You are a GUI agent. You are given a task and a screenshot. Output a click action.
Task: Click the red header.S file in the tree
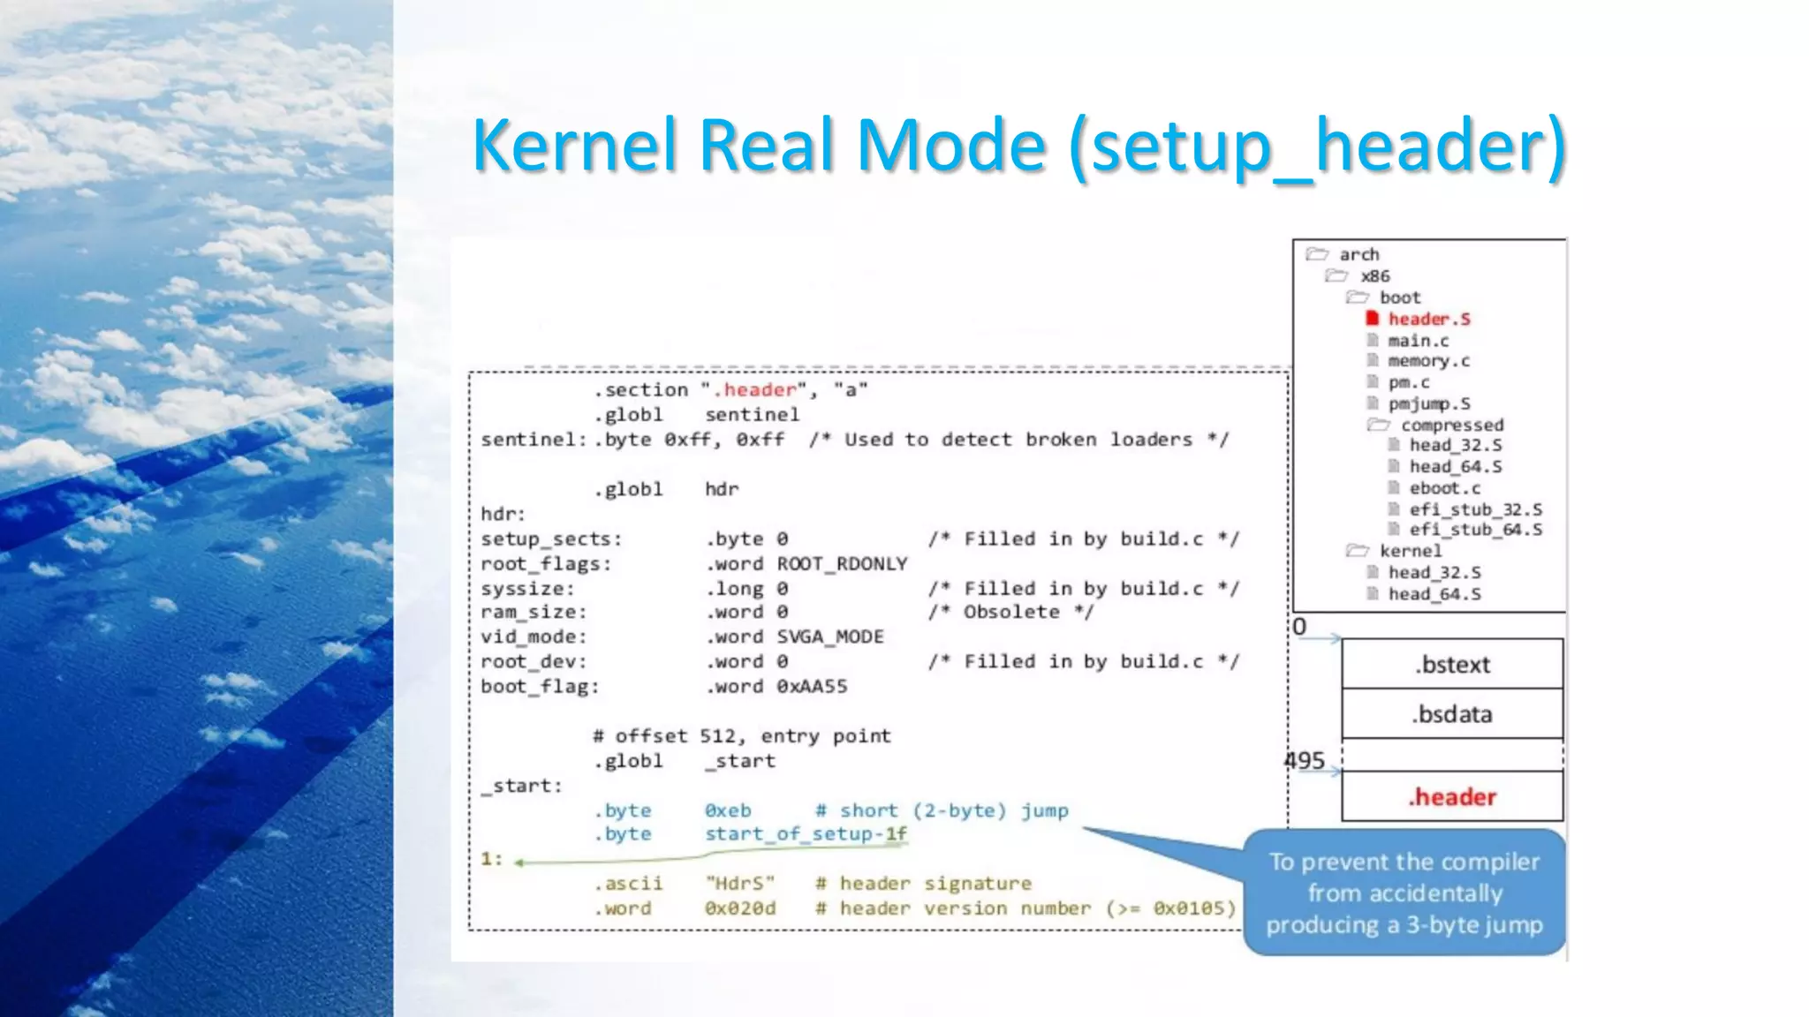1428,319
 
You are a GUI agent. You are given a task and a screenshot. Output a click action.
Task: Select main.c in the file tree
1418,341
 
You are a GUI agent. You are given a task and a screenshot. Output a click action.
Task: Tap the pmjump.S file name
1428,403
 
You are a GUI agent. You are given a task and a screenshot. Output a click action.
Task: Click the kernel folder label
1410,551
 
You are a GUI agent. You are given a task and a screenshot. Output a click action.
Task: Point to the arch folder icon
1317,254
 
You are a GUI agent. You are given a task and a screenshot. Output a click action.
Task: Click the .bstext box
1452,664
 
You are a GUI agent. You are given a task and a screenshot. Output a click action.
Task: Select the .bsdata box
1452,713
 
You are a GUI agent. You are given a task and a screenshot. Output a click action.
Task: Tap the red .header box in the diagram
1452,796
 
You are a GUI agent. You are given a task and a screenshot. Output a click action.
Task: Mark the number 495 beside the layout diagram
1305,760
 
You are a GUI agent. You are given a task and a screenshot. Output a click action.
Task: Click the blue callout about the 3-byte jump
1404,893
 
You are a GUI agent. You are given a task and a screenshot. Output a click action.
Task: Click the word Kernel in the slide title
574,145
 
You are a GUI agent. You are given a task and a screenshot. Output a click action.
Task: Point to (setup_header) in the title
1317,145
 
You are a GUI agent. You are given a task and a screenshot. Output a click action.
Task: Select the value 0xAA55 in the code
812,686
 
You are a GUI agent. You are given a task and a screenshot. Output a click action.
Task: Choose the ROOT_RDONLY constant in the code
842,564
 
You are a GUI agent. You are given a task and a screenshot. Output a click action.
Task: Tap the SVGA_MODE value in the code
830,637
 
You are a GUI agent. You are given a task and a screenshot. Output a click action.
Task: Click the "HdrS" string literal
739,883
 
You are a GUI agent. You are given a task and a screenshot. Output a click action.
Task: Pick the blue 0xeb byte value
728,810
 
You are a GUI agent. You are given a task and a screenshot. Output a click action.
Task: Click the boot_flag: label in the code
540,686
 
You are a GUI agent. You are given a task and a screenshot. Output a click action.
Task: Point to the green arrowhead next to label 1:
520,863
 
